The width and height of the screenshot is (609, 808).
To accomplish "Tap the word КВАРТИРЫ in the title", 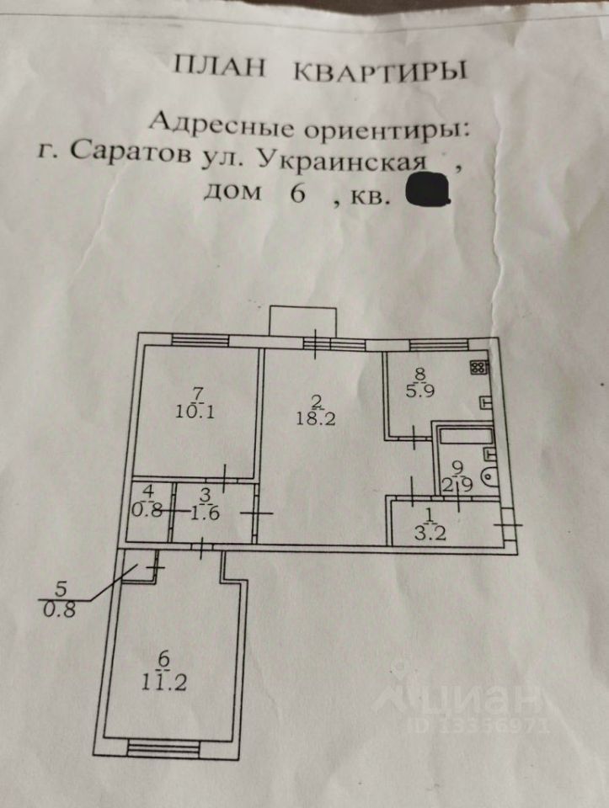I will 378,70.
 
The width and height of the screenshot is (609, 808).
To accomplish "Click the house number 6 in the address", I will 296,194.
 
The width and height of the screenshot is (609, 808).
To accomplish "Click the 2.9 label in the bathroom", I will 457,484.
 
